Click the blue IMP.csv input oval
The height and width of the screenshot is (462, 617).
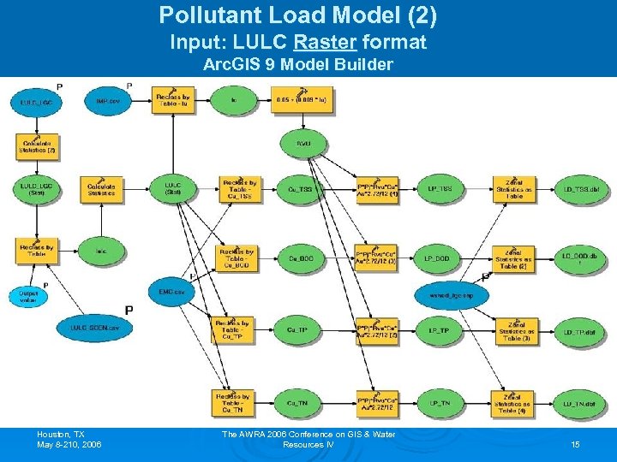point(107,102)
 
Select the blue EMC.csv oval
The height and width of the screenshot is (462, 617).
point(171,291)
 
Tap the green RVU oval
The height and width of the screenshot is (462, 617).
point(303,144)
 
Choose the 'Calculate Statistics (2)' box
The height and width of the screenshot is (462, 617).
point(37,146)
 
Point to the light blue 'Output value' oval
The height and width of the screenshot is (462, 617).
point(28,296)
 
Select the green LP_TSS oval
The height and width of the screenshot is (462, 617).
point(440,187)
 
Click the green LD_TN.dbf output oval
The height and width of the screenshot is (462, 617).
point(578,402)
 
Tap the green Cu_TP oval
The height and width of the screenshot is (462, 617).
point(297,330)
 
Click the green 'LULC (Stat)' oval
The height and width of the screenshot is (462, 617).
point(173,187)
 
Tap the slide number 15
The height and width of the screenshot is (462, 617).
point(575,445)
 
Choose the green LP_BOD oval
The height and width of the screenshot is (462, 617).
point(440,258)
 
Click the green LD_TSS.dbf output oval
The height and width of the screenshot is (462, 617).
point(578,187)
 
